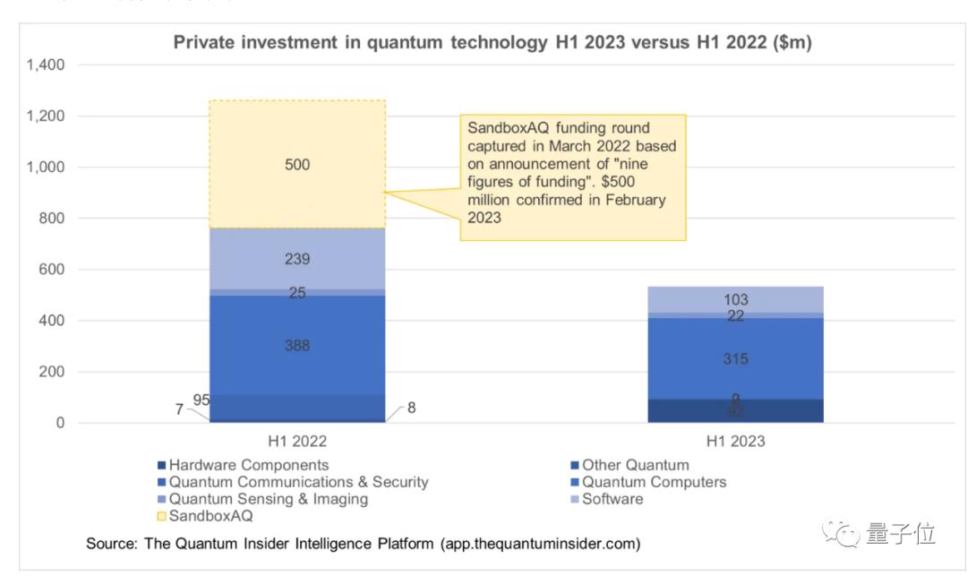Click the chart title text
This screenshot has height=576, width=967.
click(492, 42)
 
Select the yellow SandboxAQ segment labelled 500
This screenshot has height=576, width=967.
click(297, 165)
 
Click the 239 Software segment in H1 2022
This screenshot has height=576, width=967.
click(297, 259)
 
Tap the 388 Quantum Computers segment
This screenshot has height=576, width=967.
click(297, 345)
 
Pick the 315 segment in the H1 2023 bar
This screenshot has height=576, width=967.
click(735, 358)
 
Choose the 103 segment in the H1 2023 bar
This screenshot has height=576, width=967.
click(735, 300)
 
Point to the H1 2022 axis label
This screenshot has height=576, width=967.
click(296, 442)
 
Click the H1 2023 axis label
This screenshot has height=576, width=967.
click(735, 442)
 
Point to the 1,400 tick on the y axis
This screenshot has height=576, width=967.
click(46, 65)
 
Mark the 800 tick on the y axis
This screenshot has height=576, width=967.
click(53, 219)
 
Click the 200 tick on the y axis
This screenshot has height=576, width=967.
click(53, 372)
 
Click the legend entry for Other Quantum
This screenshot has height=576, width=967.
click(635, 465)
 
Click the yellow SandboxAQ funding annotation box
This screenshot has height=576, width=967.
click(573, 176)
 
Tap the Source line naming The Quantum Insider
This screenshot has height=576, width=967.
click(363, 544)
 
